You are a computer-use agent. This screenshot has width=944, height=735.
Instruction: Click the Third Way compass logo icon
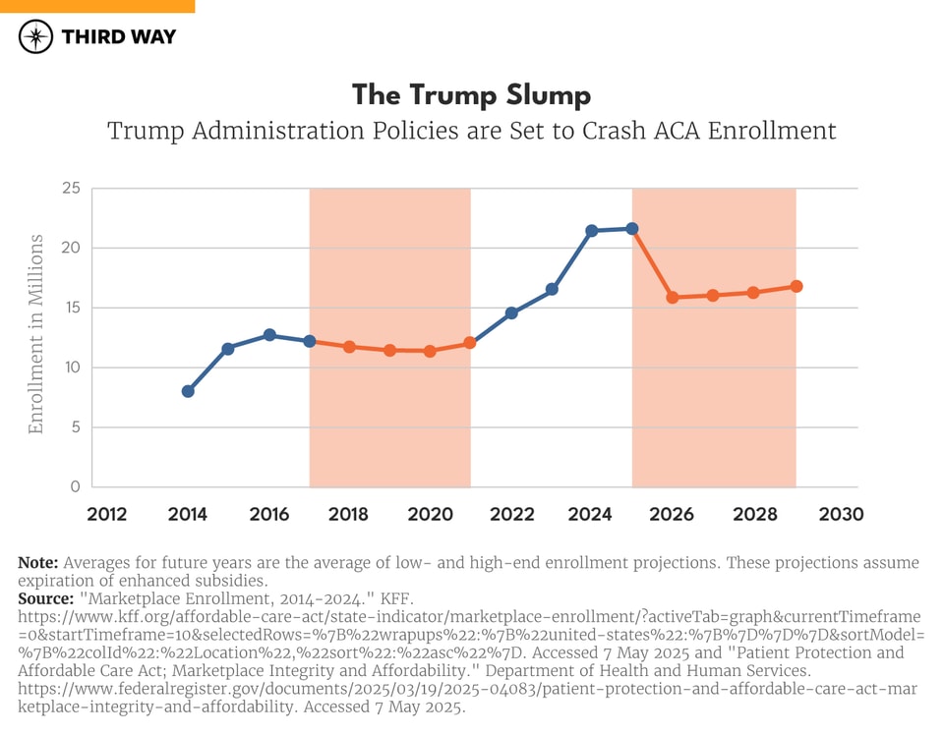[35, 37]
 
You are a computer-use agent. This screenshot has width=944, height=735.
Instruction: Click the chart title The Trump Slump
[472, 95]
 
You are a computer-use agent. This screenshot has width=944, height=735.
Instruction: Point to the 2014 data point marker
[188, 391]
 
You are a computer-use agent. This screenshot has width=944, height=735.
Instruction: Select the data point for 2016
[269, 335]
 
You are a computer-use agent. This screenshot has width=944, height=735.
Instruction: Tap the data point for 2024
[592, 231]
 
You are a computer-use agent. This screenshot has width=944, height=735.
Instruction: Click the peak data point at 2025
[632, 228]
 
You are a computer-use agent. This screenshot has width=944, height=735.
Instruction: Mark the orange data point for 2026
[673, 297]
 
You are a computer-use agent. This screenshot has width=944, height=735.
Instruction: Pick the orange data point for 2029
[796, 286]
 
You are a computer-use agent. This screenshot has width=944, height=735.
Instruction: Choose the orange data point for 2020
[430, 351]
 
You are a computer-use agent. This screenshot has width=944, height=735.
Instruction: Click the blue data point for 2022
[511, 312]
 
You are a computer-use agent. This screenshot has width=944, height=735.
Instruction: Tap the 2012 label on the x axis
[107, 514]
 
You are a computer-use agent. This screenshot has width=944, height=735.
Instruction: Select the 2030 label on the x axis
[842, 514]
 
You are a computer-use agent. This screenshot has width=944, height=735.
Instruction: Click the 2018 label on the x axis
[349, 514]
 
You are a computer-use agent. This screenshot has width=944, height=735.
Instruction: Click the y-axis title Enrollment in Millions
[36, 335]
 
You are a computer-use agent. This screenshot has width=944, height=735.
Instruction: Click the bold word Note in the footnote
[38, 563]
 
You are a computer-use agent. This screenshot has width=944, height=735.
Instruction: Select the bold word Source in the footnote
[45, 597]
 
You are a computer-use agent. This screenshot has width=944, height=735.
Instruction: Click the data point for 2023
[552, 289]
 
